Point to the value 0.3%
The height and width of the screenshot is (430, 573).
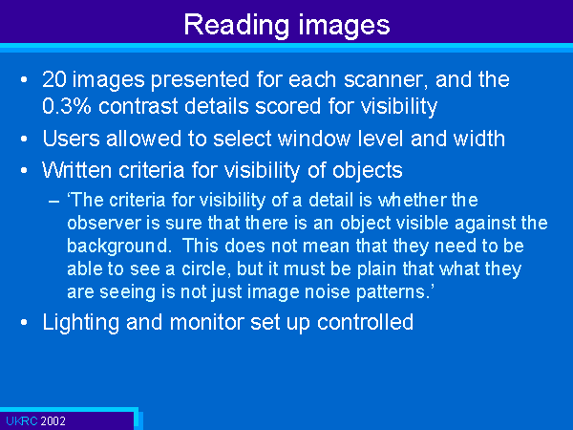coord(67,106)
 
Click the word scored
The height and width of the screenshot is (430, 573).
coord(287,106)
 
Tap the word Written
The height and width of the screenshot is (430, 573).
coord(76,170)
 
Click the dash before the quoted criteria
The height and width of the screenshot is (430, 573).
coord(53,202)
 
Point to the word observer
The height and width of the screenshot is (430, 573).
coord(104,223)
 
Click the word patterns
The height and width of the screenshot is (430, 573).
coord(393,292)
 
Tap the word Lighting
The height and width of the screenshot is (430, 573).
coord(81,323)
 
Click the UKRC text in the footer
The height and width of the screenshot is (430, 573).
coord(22,421)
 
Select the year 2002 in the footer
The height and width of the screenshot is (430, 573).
coord(53,421)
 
